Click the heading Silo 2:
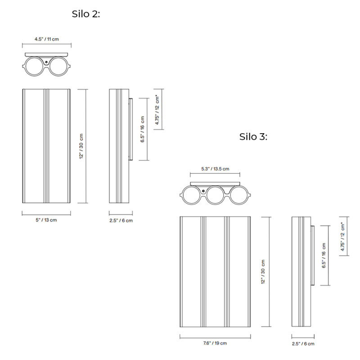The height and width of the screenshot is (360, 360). pos(85,14)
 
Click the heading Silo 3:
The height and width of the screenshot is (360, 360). pos(253,137)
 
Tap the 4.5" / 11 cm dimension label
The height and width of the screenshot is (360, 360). pos(47,40)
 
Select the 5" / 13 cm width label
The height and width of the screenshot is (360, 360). pos(46,220)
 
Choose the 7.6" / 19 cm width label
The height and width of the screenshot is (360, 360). pos(214,343)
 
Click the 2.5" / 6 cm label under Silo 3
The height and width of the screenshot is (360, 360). pos(302,343)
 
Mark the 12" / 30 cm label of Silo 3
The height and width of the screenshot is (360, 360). pos(263,272)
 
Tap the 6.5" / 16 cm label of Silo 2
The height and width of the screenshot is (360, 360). pos(142,129)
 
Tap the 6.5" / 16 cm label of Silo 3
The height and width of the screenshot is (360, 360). pos(324,255)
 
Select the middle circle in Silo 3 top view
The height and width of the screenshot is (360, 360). pos(215,195)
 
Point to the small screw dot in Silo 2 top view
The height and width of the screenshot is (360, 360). pos(46,60)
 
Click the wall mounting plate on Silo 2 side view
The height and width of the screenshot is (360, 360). pos(130,129)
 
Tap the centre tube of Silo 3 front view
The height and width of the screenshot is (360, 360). pos(215,272)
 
